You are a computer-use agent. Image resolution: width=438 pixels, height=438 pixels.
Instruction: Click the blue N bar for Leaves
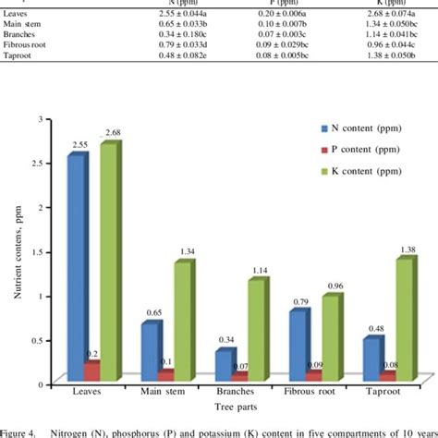(77, 268)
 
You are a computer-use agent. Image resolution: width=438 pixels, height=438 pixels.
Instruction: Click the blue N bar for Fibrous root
(296, 347)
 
